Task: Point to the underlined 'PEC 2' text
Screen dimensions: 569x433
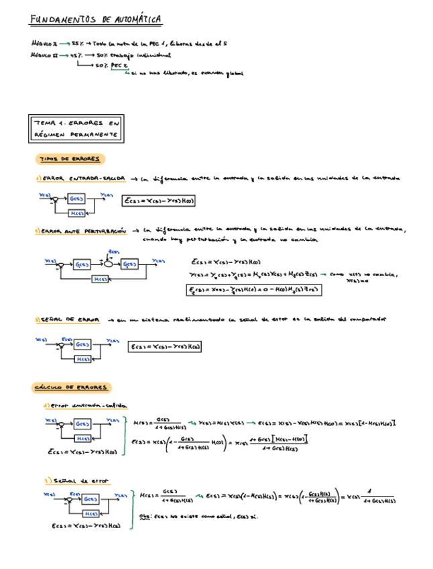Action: tap(119, 65)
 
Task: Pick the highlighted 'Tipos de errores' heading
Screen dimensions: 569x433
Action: tap(70, 159)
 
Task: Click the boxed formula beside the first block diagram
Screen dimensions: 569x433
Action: tap(163, 200)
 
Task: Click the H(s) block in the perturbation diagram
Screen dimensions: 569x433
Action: tap(101, 278)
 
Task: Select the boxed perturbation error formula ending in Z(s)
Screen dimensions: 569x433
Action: tap(252, 290)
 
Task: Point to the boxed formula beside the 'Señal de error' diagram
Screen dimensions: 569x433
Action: tap(165, 346)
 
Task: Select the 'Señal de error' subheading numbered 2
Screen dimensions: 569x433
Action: tap(78, 481)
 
